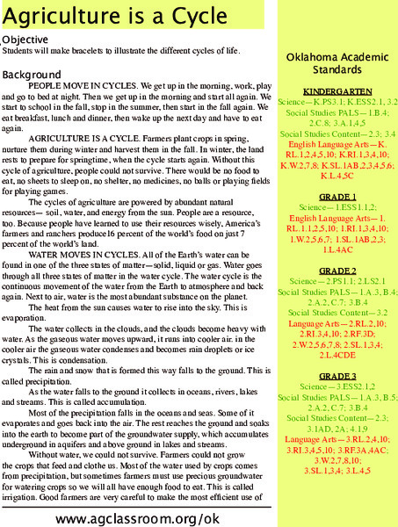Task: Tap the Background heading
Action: (31, 76)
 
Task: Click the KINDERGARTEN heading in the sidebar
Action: (336, 91)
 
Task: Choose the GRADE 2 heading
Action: (336, 247)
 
